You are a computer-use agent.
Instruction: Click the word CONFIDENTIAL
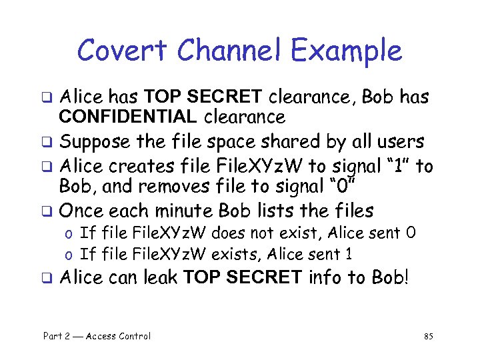[127, 118]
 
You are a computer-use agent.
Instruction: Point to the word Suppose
[95, 142]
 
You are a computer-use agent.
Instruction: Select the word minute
[186, 211]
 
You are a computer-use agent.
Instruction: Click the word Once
[81, 211]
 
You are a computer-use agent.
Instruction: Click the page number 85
[428, 336]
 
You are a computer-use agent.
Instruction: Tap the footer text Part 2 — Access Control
[97, 336]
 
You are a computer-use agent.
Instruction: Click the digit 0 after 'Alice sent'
[411, 233]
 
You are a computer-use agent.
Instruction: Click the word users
[400, 142]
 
